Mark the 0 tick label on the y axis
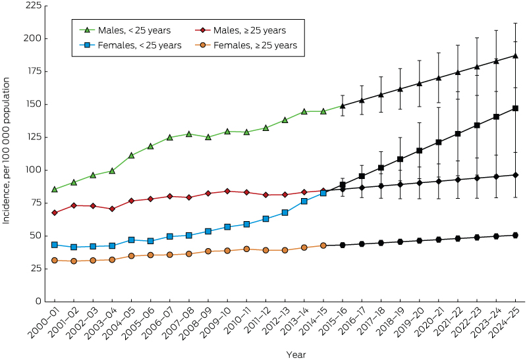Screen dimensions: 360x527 tap(38, 301)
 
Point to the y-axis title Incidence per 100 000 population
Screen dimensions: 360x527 tap(7, 151)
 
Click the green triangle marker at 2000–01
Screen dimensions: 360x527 tap(54, 189)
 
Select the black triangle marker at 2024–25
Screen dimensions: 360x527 tap(515, 55)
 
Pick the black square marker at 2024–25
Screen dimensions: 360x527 tap(515, 108)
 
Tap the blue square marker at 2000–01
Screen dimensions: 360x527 tap(54, 245)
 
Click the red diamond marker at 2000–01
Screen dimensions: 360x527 tap(54, 213)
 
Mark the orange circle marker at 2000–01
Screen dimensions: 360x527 tap(54, 260)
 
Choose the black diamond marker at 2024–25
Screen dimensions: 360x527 tap(515, 175)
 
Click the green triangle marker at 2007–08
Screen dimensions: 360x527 tap(188, 134)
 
